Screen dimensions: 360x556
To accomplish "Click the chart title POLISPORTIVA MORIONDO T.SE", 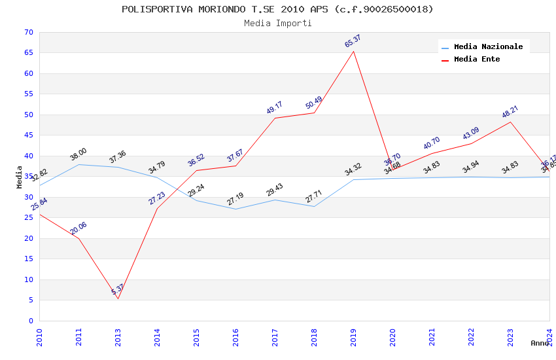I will coord(277,9).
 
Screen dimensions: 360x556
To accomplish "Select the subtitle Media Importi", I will coord(277,24).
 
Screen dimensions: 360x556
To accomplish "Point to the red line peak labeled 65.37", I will coord(354,51).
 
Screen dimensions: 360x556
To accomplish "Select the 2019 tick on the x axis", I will coord(354,334).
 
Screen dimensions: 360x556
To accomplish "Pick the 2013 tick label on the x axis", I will coord(118,334).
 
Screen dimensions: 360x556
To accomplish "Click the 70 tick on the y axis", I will coord(27,32).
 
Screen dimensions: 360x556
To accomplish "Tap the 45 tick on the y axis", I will coord(27,135).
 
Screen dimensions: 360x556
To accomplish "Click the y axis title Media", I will coord(19,177).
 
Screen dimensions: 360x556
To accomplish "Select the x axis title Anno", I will coord(540,343).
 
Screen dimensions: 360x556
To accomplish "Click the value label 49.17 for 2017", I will coord(275,108).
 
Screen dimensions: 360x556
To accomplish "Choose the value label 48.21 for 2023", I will coord(510,112).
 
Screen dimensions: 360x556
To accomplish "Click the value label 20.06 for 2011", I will coord(78,228).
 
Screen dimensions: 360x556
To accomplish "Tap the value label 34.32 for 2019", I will coord(353,170).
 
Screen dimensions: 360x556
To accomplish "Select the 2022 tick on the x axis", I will coord(472,334).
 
